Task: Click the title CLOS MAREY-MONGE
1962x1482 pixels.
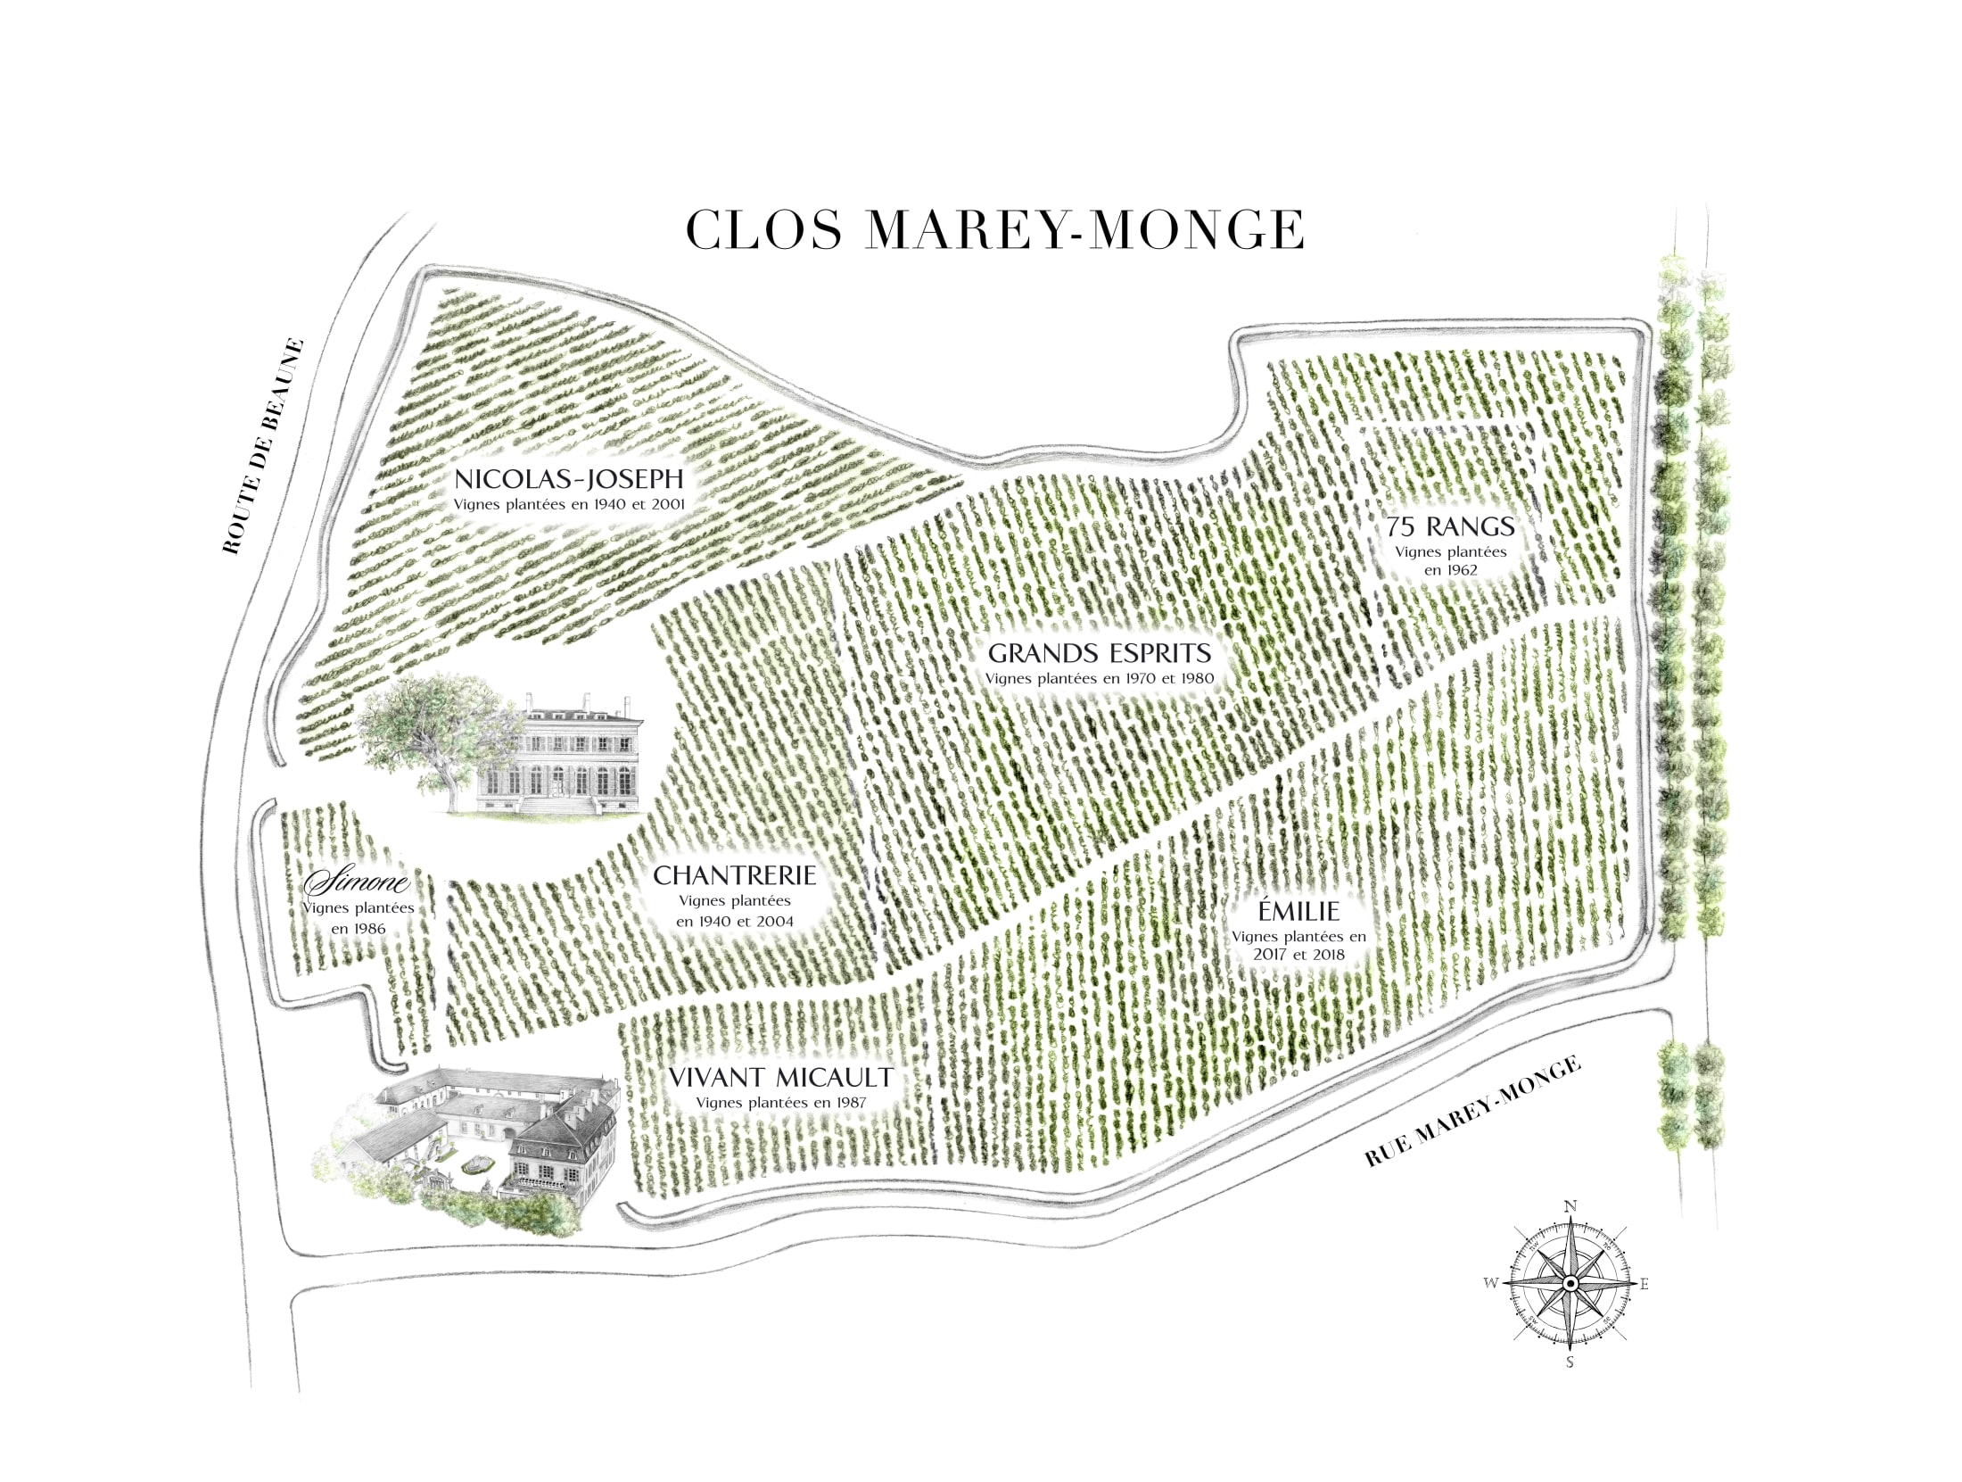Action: [x=994, y=230]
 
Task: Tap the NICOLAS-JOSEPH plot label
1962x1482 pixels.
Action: [x=569, y=479]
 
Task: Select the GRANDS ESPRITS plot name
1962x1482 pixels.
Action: [x=1100, y=653]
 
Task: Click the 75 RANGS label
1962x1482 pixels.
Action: [x=1450, y=526]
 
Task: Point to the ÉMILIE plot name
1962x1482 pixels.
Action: [x=1298, y=911]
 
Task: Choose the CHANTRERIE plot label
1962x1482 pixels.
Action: [x=734, y=875]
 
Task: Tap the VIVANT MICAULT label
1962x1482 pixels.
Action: [x=780, y=1078]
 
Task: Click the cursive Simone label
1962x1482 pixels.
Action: [x=357, y=883]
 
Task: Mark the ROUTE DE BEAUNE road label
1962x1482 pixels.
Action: [x=263, y=446]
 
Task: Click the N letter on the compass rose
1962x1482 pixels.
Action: [x=1570, y=1206]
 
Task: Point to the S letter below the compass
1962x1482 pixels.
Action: [x=1570, y=1362]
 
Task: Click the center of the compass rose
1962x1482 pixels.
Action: [x=1570, y=1283]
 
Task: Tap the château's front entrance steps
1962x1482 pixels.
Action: [x=557, y=805]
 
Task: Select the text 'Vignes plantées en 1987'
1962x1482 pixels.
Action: [x=780, y=1103]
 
